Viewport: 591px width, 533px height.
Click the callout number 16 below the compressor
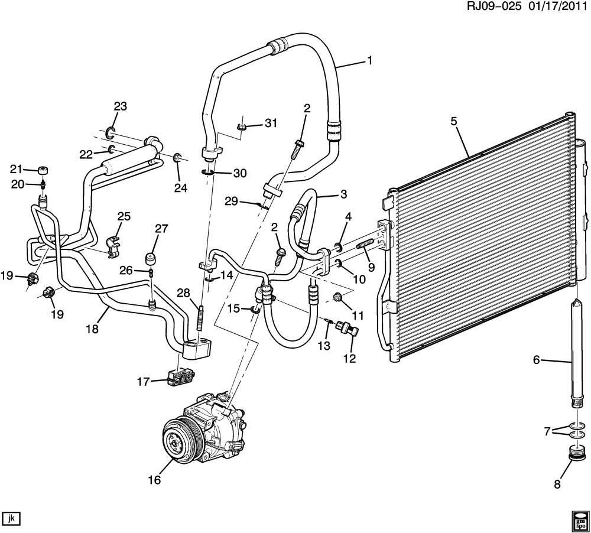point(154,480)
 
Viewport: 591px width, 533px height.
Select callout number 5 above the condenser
point(454,122)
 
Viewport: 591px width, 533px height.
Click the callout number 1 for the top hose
point(369,60)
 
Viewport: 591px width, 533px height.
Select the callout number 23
point(120,106)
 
